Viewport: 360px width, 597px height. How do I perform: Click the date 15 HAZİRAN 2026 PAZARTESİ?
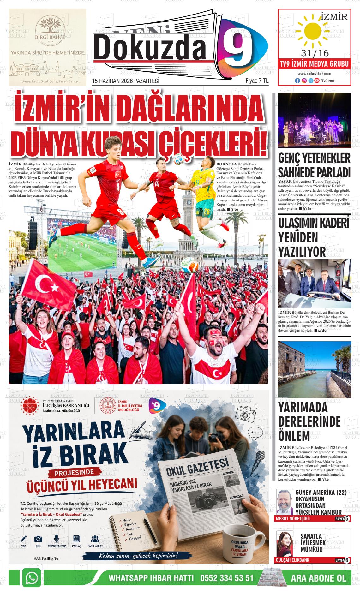pyautogui.click(x=125, y=81)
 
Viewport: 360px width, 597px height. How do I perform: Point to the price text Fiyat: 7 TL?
pyautogui.click(x=257, y=81)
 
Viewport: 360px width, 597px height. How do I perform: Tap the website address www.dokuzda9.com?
pyautogui.click(x=314, y=74)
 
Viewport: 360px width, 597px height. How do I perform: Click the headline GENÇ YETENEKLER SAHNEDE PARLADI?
pyautogui.click(x=314, y=165)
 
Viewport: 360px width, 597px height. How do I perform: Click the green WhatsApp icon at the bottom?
pyautogui.click(x=32, y=578)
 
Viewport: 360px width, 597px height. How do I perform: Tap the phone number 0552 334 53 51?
pyautogui.click(x=227, y=578)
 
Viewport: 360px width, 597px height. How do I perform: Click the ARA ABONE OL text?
pyautogui.click(x=318, y=578)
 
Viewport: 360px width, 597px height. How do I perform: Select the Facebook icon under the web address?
pyautogui.click(x=297, y=81)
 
